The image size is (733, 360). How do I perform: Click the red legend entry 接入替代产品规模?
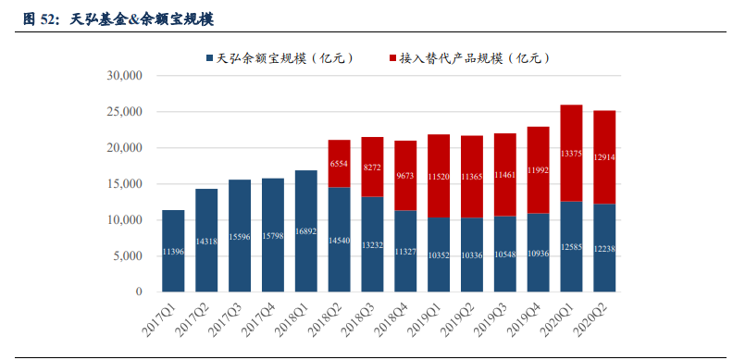(472, 58)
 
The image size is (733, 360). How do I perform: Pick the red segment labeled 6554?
(340, 164)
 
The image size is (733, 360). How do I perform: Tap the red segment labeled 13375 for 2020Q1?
(572, 153)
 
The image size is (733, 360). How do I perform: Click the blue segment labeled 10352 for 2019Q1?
(439, 254)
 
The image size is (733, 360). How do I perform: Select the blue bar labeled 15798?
(273, 235)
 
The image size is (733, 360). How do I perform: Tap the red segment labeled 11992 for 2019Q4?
(539, 170)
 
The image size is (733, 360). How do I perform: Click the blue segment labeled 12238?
(605, 248)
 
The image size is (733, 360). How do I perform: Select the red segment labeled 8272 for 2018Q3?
(373, 167)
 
